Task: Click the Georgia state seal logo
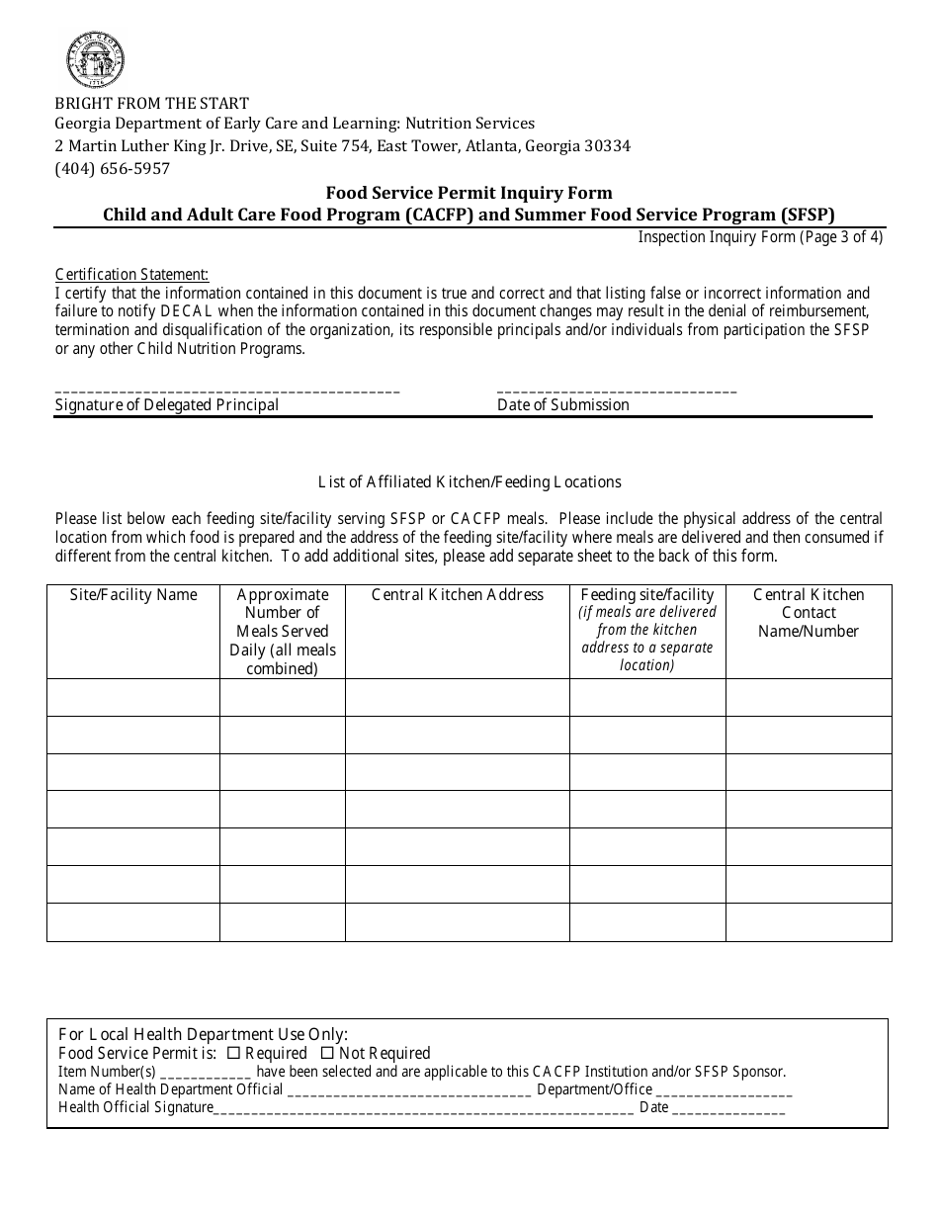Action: tap(95, 60)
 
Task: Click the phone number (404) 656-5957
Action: tap(113, 168)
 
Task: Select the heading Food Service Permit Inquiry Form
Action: tap(469, 193)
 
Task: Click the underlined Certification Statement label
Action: tap(131, 275)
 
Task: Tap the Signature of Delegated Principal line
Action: tap(227, 391)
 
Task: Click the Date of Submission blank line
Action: tap(617, 391)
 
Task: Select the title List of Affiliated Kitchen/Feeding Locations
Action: tap(469, 481)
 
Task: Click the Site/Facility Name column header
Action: tap(133, 594)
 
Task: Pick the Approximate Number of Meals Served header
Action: tap(283, 631)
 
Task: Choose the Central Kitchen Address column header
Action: tap(458, 594)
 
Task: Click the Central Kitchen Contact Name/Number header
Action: tap(809, 612)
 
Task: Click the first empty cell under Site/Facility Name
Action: tap(133, 697)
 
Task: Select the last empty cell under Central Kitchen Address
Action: tap(458, 922)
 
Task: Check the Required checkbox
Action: tap(234, 1053)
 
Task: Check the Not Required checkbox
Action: tap(328, 1053)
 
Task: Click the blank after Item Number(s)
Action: tap(206, 1074)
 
